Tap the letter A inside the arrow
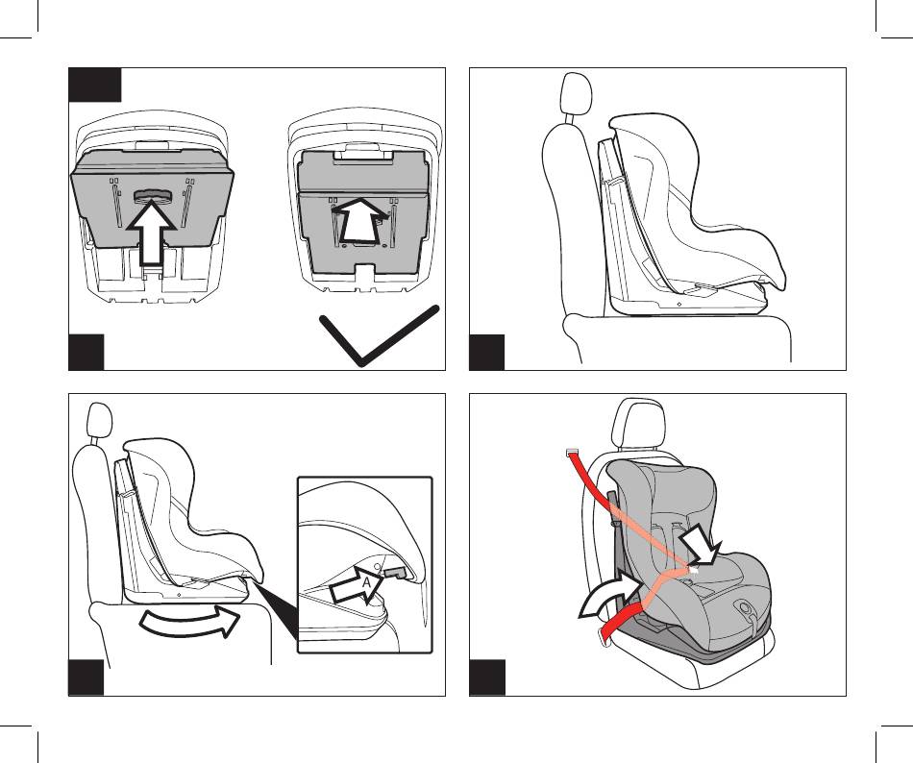(366, 582)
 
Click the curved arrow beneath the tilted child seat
(189, 622)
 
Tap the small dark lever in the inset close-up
(395, 573)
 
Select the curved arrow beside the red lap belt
(609, 594)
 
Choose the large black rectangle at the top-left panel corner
(95, 85)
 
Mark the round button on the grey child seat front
(745, 607)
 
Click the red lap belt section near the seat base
(620, 622)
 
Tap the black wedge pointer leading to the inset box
(278, 611)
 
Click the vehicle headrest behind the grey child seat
(639, 422)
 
